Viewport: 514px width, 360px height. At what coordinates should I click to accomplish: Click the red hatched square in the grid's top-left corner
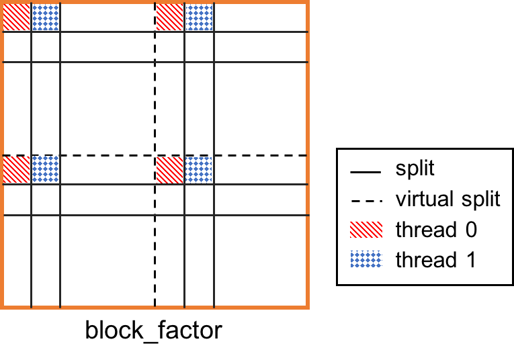point(17,17)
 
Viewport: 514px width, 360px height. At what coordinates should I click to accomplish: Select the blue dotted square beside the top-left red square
point(46,17)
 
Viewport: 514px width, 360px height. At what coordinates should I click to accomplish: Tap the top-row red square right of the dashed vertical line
point(169,17)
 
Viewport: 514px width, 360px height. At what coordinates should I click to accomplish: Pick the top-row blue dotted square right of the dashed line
point(199,17)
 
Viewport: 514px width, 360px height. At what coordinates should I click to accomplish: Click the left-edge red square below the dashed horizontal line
point(17,170)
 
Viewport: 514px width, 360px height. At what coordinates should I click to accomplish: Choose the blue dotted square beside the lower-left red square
point(46,170)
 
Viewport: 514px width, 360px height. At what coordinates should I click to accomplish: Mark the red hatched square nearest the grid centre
point(169,170)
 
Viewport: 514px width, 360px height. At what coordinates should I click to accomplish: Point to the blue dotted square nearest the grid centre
point(199,170)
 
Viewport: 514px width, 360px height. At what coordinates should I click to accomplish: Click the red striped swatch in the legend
point(366,230)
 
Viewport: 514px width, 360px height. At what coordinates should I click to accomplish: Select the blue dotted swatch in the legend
point(366,259)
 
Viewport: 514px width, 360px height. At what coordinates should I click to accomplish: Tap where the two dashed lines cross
point(155,155)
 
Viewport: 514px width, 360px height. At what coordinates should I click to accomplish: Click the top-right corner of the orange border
point(307,2)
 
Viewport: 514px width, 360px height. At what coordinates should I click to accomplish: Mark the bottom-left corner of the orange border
point(2,307)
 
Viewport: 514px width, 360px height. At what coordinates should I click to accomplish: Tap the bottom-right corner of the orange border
point(307,307)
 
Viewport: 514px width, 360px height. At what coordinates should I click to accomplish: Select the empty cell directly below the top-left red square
point(17,47)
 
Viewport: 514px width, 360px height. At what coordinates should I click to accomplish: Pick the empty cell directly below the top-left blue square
point(46,47)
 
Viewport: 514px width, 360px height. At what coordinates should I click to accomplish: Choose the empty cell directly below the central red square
point(169,199)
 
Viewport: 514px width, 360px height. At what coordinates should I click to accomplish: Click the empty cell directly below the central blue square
point(199,199)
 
